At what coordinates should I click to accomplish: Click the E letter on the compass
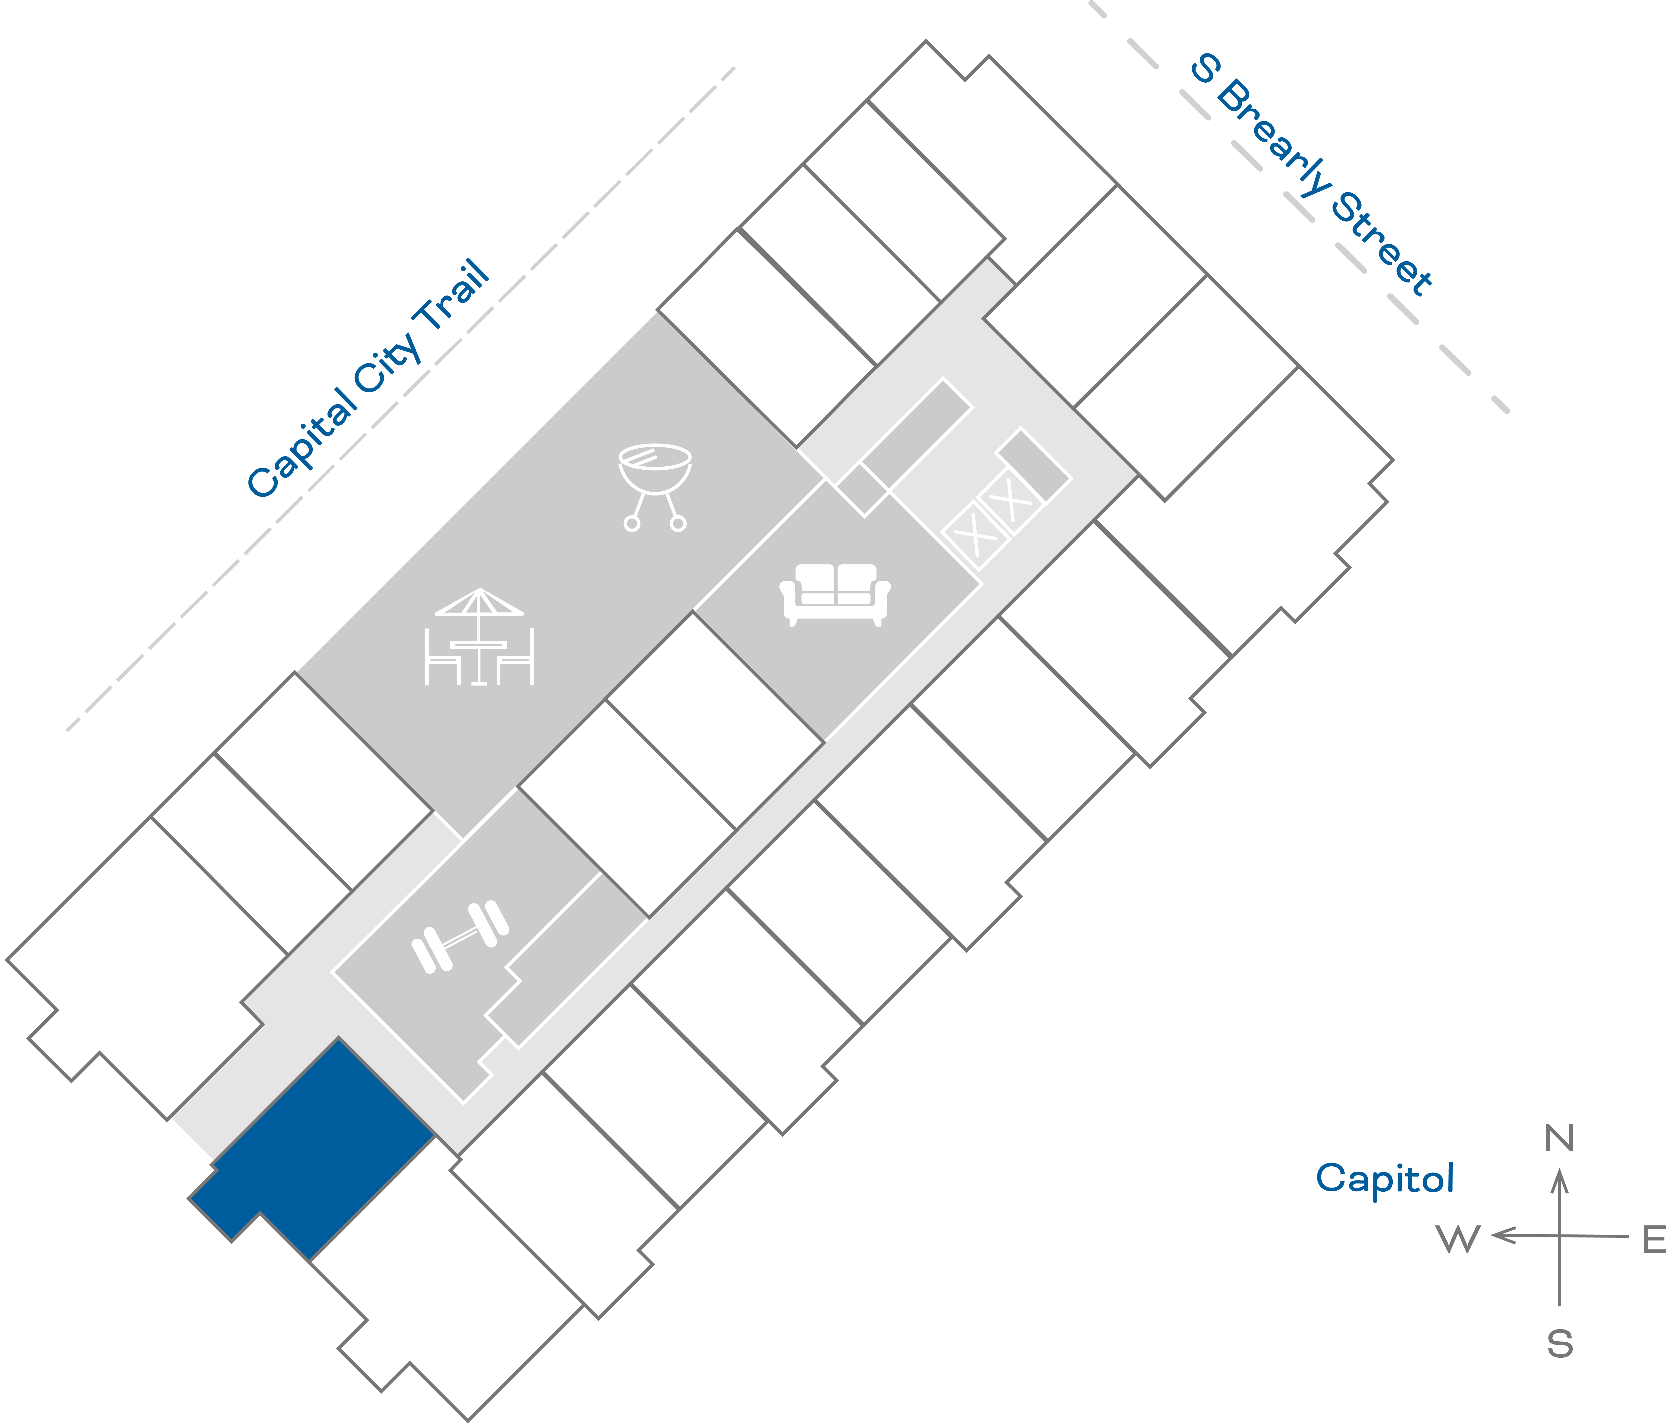click(1653, 1241)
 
